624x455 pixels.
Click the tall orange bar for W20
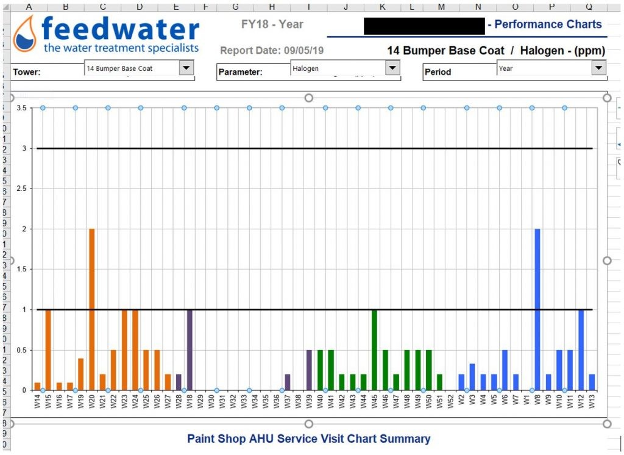pyautogui.click(x=91, y=309)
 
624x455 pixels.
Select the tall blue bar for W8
pyautogui.click(x=537, y=309)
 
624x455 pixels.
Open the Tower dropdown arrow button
pyautogui.click(x=186, y=68)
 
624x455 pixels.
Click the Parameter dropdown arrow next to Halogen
pyautogui.click(x=392, y=68)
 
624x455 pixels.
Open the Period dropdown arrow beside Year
pyautogui.click(x=599, y=68)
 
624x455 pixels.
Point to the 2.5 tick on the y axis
pyautogui.click(x=23, y=188)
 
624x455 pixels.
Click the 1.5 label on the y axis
pyautogui.click(x=23, y=269)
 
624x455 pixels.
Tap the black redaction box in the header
pyautogui.click(x=424, y=26)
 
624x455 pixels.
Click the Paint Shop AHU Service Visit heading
pyautogui.click(x=308, y=439)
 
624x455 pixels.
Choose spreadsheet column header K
pyautogui.click(x=382, y=6)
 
